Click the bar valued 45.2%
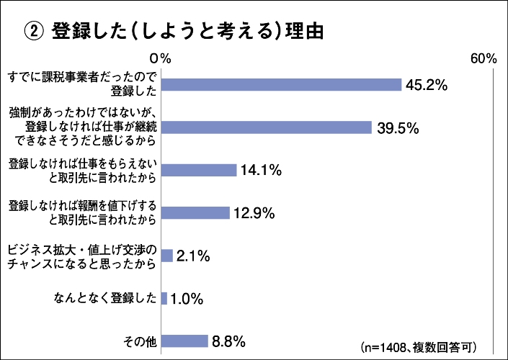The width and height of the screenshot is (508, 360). tap(280, 85)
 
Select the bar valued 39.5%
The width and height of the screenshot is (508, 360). tap(265, 127)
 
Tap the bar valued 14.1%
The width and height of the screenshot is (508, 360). tap(198, 170)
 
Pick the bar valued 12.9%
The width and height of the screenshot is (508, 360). tap(195, 212)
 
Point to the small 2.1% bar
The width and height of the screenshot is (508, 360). tap(166, 255)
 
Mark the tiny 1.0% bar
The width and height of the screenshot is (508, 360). tap(164, 298)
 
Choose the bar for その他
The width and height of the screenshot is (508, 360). tap(184, 341)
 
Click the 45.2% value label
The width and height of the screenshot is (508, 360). tap(427, 85)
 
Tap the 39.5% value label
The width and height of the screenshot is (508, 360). tap(398, 127)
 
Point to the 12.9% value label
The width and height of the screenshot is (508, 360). tap(254, 213)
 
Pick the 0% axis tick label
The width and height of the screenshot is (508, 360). tap(160, 58)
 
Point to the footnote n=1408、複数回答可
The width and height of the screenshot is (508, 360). tap(418, 344)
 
